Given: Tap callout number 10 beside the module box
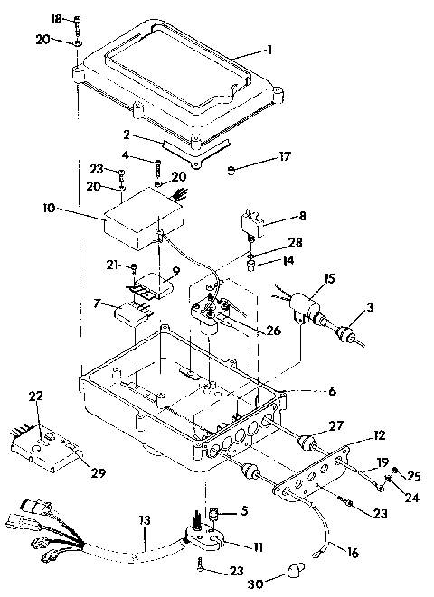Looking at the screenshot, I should click(48, 208).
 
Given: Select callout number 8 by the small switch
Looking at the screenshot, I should click(302, 216).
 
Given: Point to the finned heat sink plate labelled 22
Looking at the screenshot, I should click(45, 450).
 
